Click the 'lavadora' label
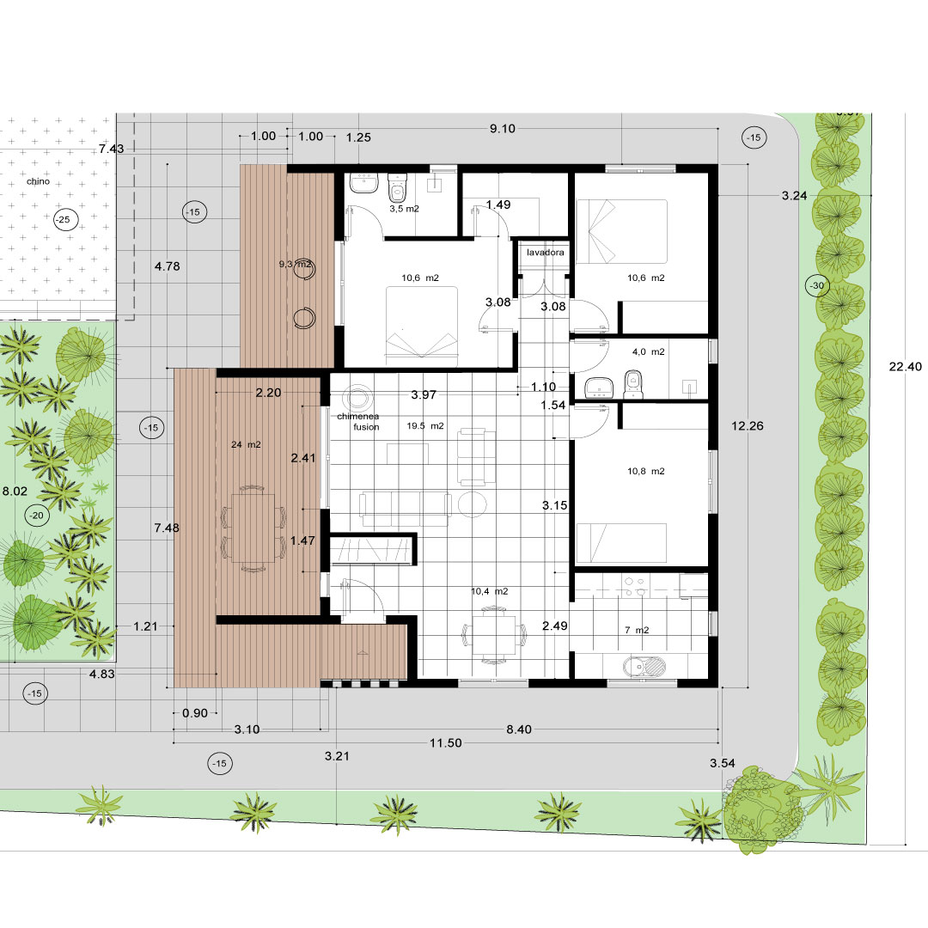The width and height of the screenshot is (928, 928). [x=545, y=253]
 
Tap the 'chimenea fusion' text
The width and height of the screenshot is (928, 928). [x=358, y=421]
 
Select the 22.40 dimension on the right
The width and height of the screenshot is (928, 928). [x=905, y=367]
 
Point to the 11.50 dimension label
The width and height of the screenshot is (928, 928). [x=446, y=742]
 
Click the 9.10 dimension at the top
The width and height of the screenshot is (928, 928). [x=503, y=128]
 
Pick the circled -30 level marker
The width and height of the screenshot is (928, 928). [x=817, y=286]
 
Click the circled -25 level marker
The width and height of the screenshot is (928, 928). [x=63, y=220]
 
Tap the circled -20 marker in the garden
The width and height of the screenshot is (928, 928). [x=37, y=516]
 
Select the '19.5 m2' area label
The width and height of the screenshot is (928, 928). [x=425, y=426]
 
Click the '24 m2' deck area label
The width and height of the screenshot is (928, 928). [x=246, y=444]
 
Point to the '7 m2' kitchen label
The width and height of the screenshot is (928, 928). [x=637, y=631]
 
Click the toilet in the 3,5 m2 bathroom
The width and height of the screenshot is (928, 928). [x=397, y=187]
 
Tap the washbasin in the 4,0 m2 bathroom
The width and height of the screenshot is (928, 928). [x=598, y=388]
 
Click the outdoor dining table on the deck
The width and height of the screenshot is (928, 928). [x=253, y=528]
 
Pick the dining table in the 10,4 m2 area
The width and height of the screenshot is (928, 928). [x=493, y=635]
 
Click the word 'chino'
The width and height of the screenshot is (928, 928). [x=38, y=181]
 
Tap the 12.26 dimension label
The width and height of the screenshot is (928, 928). [x=748, y=426]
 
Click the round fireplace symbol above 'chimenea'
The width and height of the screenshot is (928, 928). [x=357, y=396]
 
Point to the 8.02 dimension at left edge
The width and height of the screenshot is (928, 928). [x=15, y=491]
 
